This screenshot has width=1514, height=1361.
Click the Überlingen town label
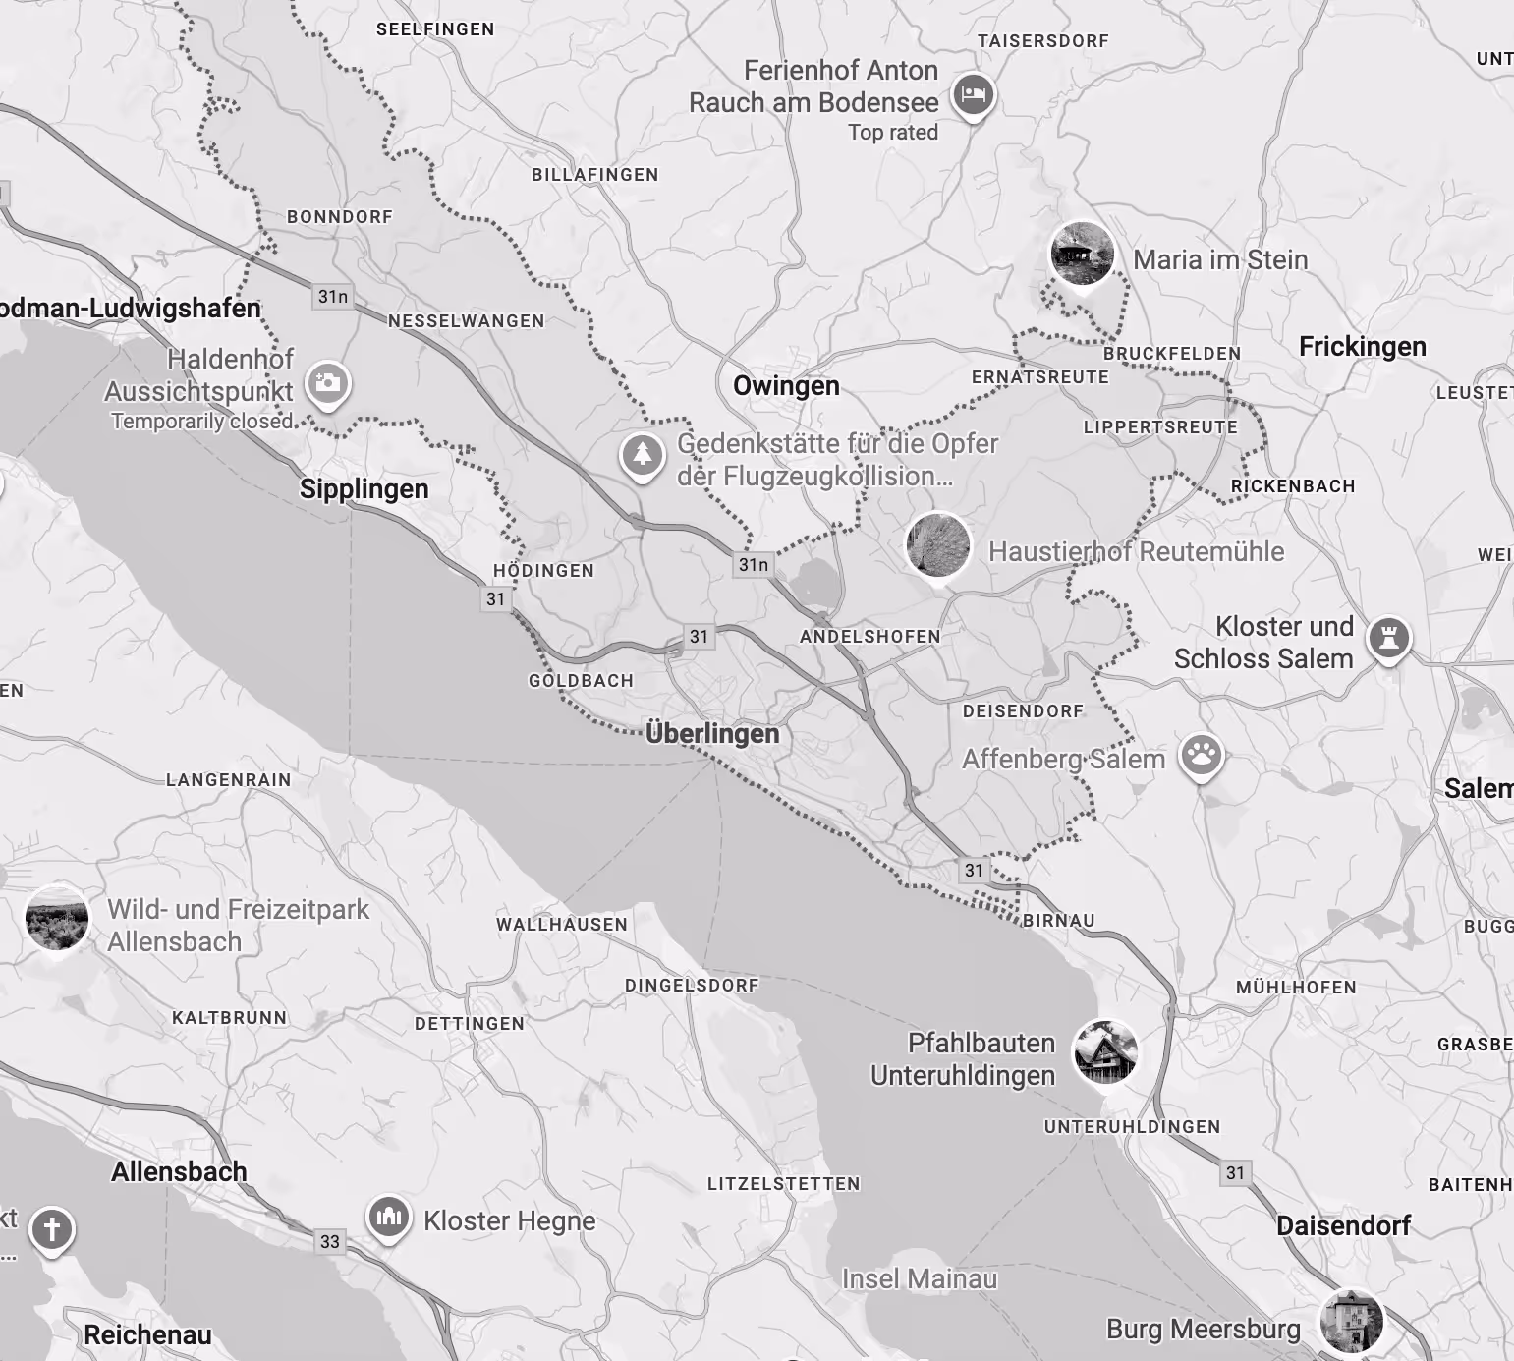(712, 734)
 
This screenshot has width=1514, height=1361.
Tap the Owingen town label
(786, 385)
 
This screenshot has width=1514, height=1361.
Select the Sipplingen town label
(364, 489)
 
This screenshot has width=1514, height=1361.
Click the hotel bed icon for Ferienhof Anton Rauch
(974, 95)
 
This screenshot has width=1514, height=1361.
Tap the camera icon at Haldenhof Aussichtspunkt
(328, 382)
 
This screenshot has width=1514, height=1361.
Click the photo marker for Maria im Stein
(1082, 254)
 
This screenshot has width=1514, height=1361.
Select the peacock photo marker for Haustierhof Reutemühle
(937, 544)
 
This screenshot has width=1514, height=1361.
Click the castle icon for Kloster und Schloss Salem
(1388, 638)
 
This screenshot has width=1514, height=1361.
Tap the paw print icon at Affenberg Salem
(1201, 756)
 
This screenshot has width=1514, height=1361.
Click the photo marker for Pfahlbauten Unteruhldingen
(1105, 1052)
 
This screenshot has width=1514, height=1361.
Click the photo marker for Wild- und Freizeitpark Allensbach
(56, 917)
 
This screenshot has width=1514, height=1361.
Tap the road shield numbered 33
(330, 1241)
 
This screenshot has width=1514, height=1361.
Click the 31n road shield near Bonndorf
(332, 296)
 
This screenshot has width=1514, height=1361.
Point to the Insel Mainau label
(920, 1278)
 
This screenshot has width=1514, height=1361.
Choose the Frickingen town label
(1362, 347)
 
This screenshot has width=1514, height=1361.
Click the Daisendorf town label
(1343, 1225)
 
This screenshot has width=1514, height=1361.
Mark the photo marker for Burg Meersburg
(1352, 1321)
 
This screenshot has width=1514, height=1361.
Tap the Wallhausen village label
(561, 924)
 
